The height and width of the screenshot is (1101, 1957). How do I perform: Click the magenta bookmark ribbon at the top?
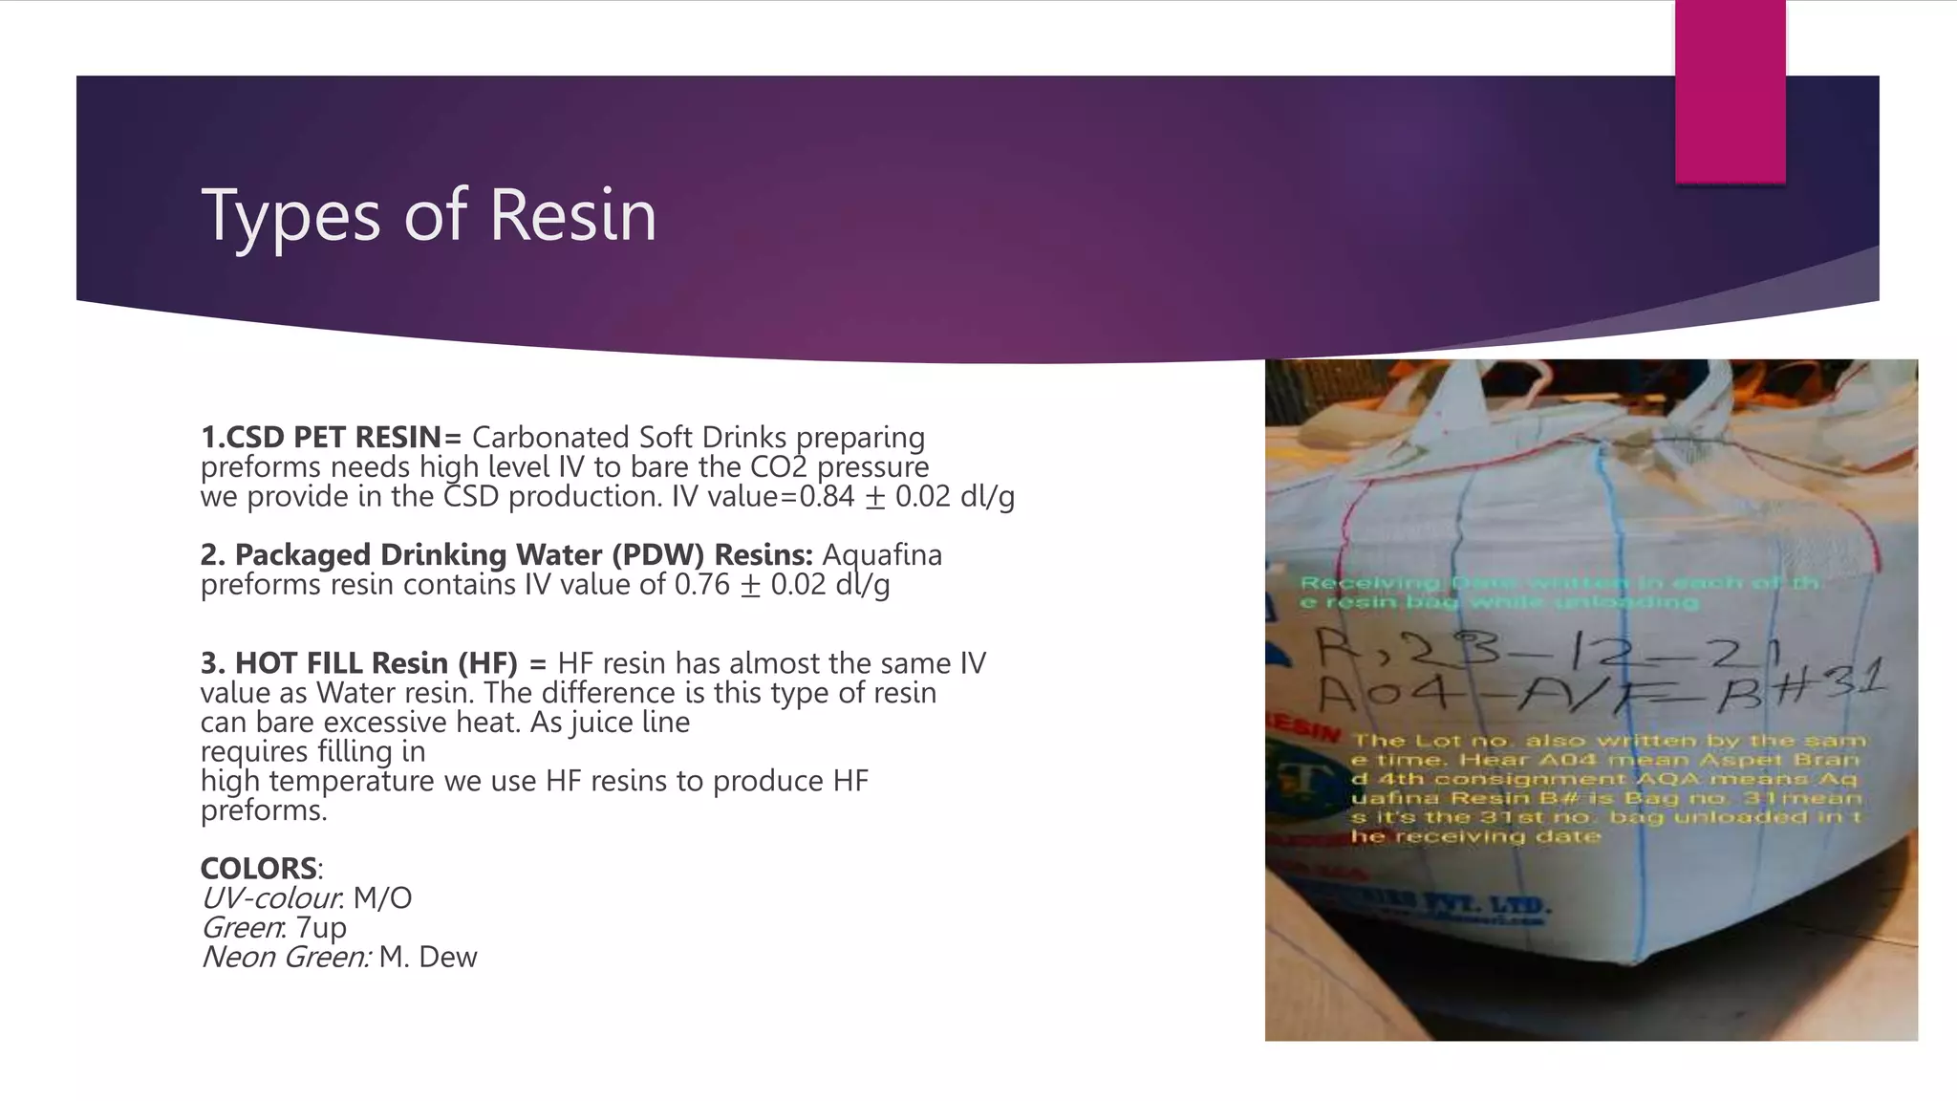(1730, 91)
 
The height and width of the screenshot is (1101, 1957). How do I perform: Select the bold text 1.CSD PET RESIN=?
(331, 438)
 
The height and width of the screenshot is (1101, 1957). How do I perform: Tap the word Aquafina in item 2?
(882, 555)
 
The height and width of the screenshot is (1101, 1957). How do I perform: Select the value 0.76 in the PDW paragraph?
(702, 585)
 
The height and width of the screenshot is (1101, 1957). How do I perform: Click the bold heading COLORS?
(258, 869)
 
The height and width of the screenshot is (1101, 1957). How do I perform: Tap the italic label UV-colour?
(271, 898)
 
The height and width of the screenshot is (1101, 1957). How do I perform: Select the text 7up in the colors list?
(321, 928)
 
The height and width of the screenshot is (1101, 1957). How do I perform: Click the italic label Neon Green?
(285, 958)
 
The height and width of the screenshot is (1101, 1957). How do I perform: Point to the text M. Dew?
(427, 958)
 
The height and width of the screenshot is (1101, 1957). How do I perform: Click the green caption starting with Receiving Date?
(1558, 593)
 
